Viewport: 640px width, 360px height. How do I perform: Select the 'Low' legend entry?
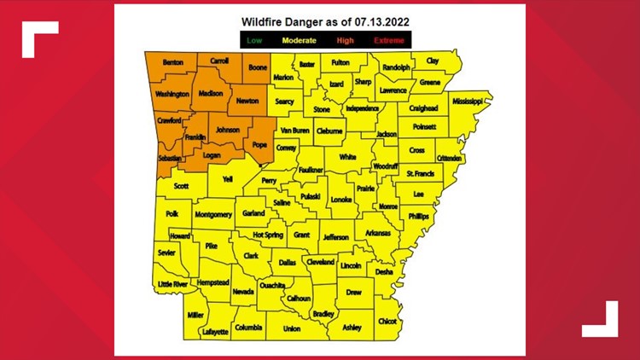coord(253,40)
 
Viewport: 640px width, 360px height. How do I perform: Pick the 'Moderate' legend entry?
coord(300,40)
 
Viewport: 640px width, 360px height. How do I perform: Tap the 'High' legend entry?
coord(346,40)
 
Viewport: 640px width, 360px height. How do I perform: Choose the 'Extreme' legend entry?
coord(388,40)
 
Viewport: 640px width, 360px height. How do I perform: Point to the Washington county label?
coord(172,94)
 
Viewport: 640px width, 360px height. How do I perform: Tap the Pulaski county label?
coord(310,197)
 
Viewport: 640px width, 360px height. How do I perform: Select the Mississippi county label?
coord(467,102)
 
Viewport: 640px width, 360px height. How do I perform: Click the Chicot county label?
coord(387,322)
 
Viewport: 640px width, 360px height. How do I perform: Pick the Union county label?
coord(292,328)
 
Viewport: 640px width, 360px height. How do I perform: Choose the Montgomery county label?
coord(213,215)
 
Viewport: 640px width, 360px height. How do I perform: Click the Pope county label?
coord(261,147)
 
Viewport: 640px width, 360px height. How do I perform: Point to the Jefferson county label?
coord(335,237)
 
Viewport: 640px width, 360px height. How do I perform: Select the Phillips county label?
coord(418,217)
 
